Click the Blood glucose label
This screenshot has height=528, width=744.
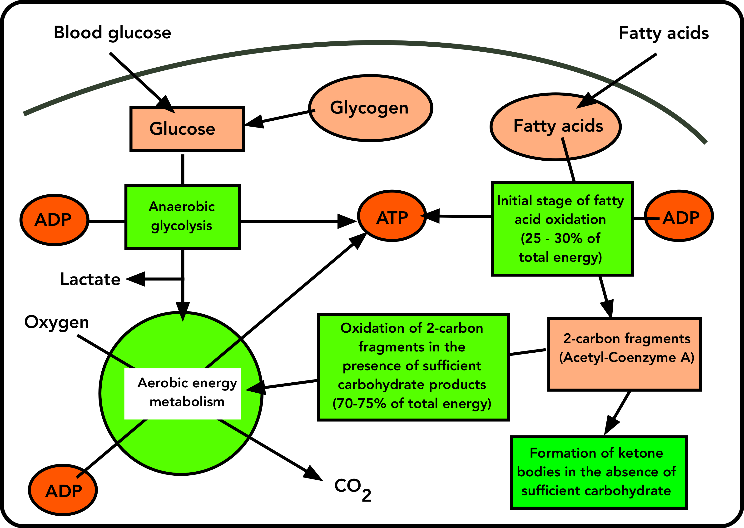point(112,33)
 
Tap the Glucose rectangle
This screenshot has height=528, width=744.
point(187,129)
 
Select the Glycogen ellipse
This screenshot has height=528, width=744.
point(370,108)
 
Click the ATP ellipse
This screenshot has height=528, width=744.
point(392,216)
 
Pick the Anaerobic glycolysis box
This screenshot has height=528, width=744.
point(182,217)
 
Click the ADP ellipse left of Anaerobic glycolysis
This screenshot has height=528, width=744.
point(54,220)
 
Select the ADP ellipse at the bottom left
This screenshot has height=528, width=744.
point(63,490)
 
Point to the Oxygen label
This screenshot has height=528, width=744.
point(57,322)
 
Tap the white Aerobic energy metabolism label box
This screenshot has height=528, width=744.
point(182,394)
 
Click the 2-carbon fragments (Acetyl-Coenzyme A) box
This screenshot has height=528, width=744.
point(624,354)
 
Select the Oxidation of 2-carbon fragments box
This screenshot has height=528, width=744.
point(413,367)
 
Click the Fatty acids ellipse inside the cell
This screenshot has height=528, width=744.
point(556,127)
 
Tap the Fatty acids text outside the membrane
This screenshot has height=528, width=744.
point(663,33)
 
